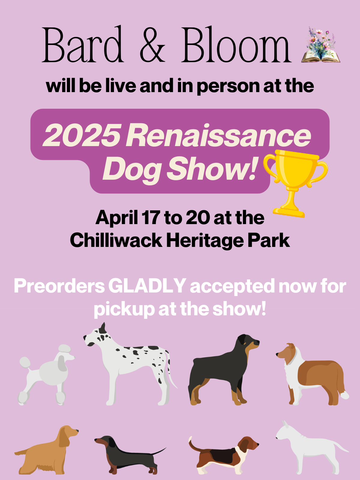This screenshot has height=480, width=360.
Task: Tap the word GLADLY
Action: [147, 286]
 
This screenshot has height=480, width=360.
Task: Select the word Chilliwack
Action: [116, 241]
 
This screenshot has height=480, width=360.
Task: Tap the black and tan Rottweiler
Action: [223, 370]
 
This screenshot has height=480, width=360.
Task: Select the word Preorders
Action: [59, 286]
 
